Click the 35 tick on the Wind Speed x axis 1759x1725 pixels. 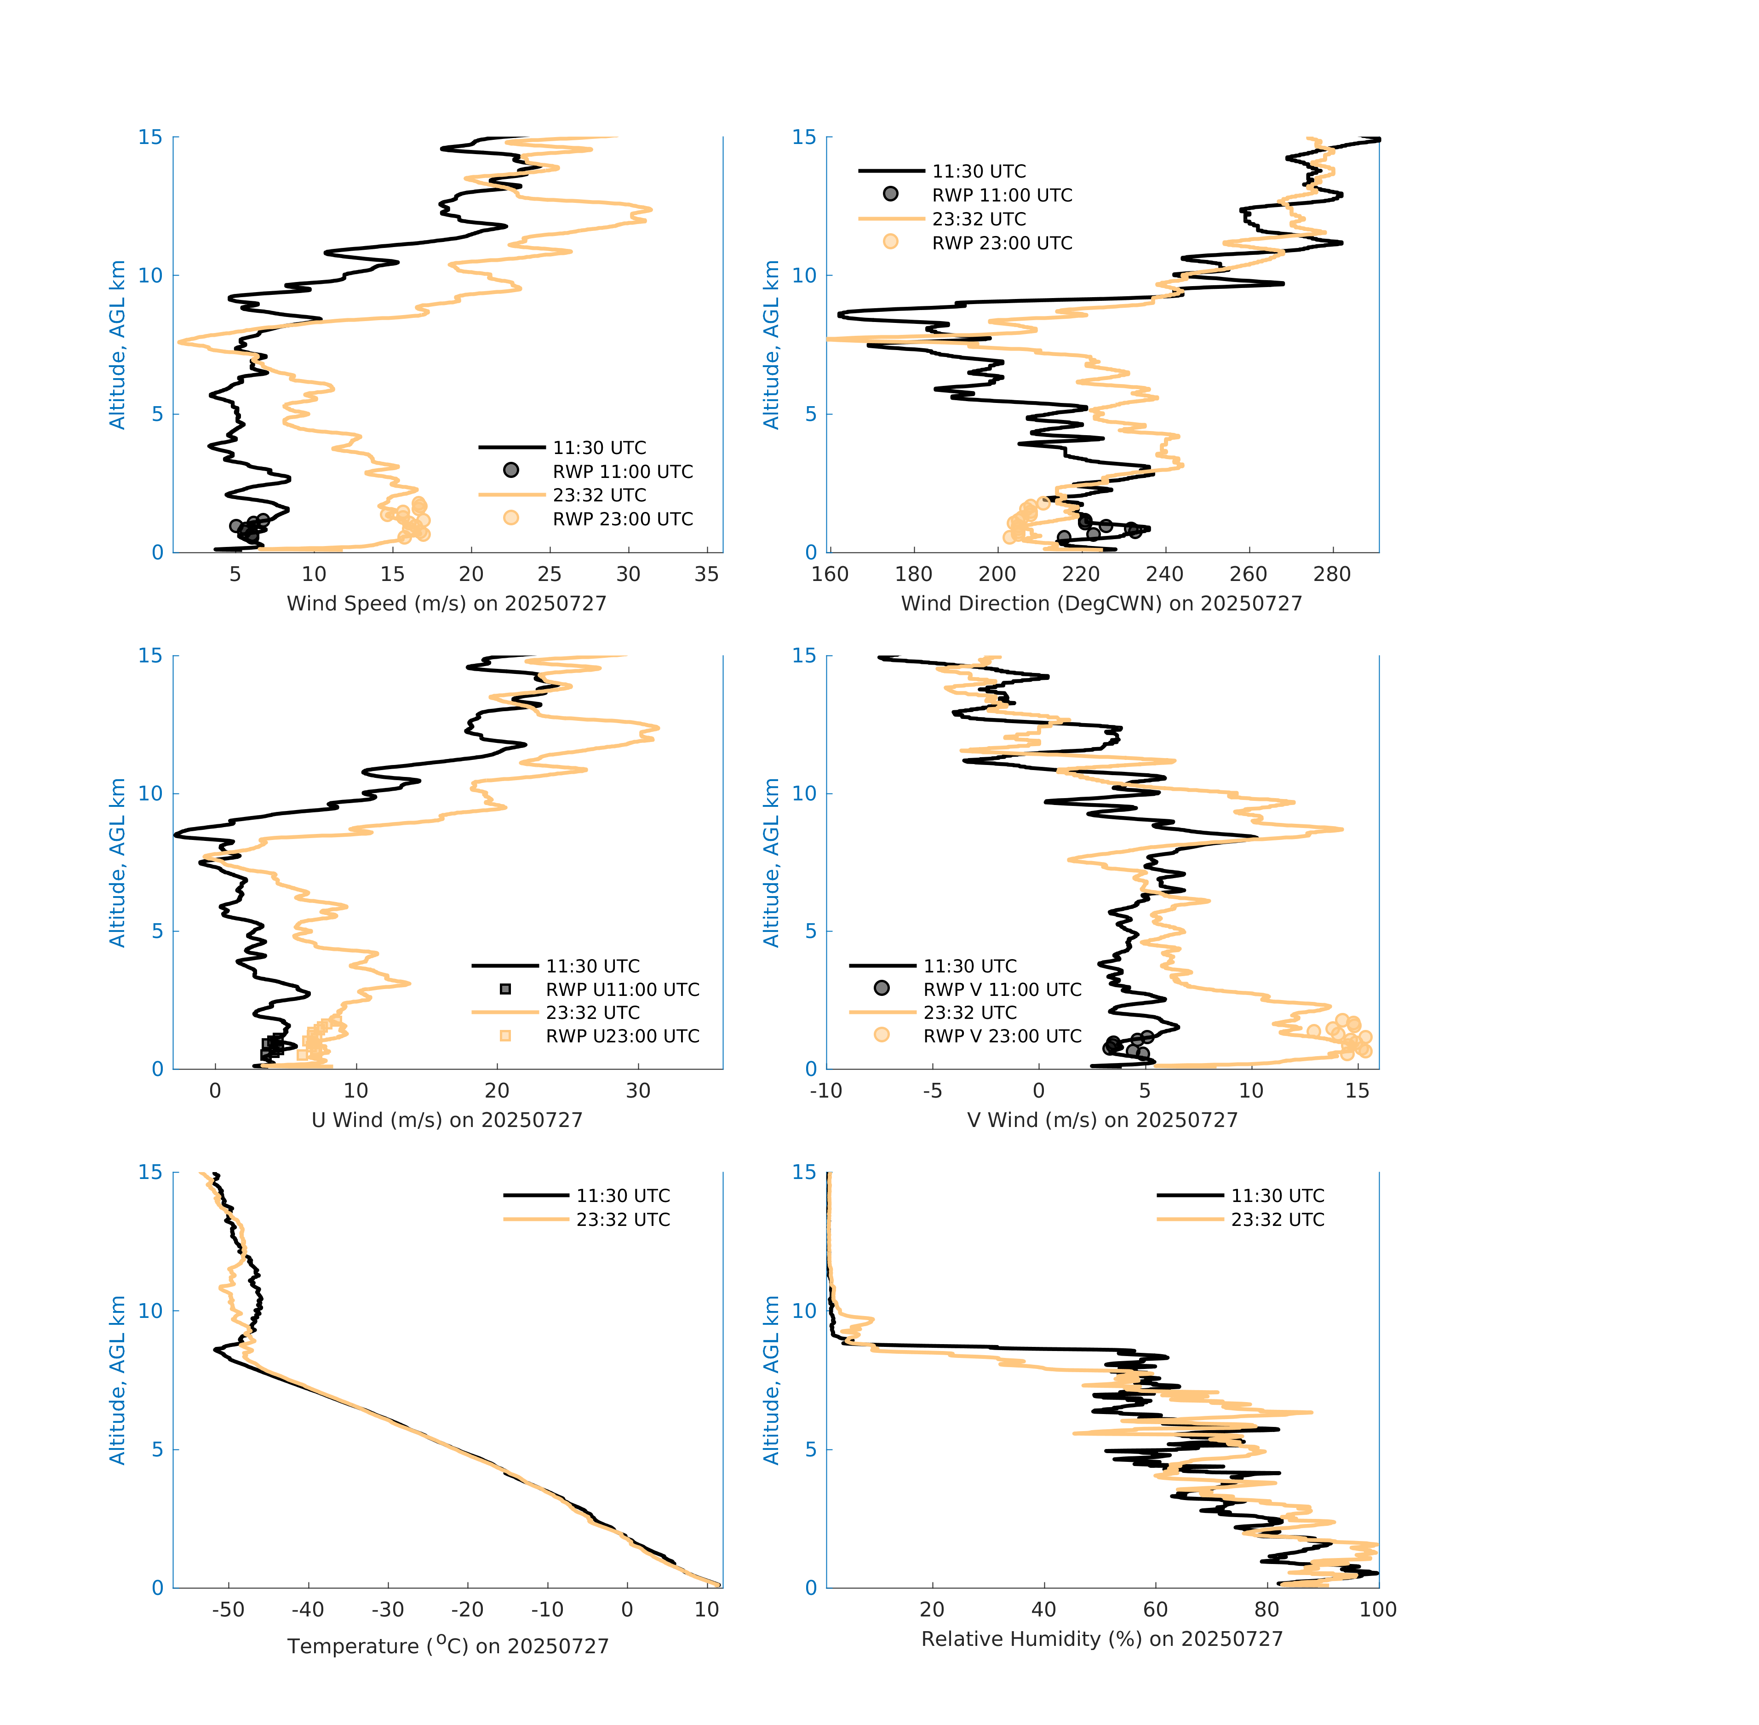[706, 575]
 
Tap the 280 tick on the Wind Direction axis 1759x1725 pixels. [1331, 575]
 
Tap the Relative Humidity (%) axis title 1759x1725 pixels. [1101, 1639]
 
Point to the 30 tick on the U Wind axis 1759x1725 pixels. [638, 1091]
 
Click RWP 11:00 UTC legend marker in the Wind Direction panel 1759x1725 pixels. [890, 194]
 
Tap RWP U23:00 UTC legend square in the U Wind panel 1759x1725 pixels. [505, 1035]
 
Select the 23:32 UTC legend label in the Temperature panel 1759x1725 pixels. [623, 1219]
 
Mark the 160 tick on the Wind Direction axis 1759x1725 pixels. [830, 575]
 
